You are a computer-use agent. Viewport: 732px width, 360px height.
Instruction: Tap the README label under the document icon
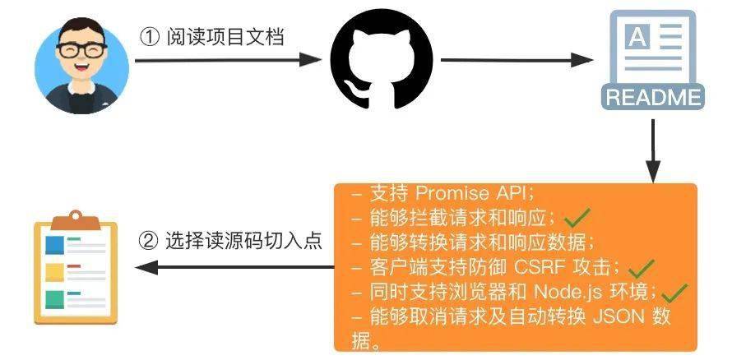tap(653, 98)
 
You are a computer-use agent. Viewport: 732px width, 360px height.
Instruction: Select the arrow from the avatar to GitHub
tap(229, 60)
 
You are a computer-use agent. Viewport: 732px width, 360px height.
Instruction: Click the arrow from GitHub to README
tap(517, 60)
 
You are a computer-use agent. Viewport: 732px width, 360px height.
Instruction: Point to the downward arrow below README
tap(653, 150)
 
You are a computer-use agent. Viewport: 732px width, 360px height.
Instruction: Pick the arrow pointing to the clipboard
tap(234, 267)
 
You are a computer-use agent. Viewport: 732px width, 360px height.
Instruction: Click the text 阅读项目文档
tap(225, 36)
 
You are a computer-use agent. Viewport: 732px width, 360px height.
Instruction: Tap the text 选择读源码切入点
tap(243, 241)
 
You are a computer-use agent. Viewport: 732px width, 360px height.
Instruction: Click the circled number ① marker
tap(150, 37)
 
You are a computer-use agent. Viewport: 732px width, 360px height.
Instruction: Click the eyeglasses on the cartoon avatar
tap(81, 50)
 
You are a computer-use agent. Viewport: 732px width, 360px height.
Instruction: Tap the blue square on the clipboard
tap(54, 246)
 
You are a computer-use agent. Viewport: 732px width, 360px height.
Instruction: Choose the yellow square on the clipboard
tap(54, 273)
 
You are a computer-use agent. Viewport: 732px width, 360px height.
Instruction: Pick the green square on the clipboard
tap(54, 300)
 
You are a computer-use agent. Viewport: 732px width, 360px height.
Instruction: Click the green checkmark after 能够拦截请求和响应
tap(577, 217)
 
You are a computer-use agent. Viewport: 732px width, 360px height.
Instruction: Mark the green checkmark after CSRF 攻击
tap(642, 268)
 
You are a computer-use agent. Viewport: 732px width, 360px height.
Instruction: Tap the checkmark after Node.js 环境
tap(675, 293)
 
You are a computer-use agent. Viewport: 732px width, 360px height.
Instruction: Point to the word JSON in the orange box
tap(614, 316)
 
